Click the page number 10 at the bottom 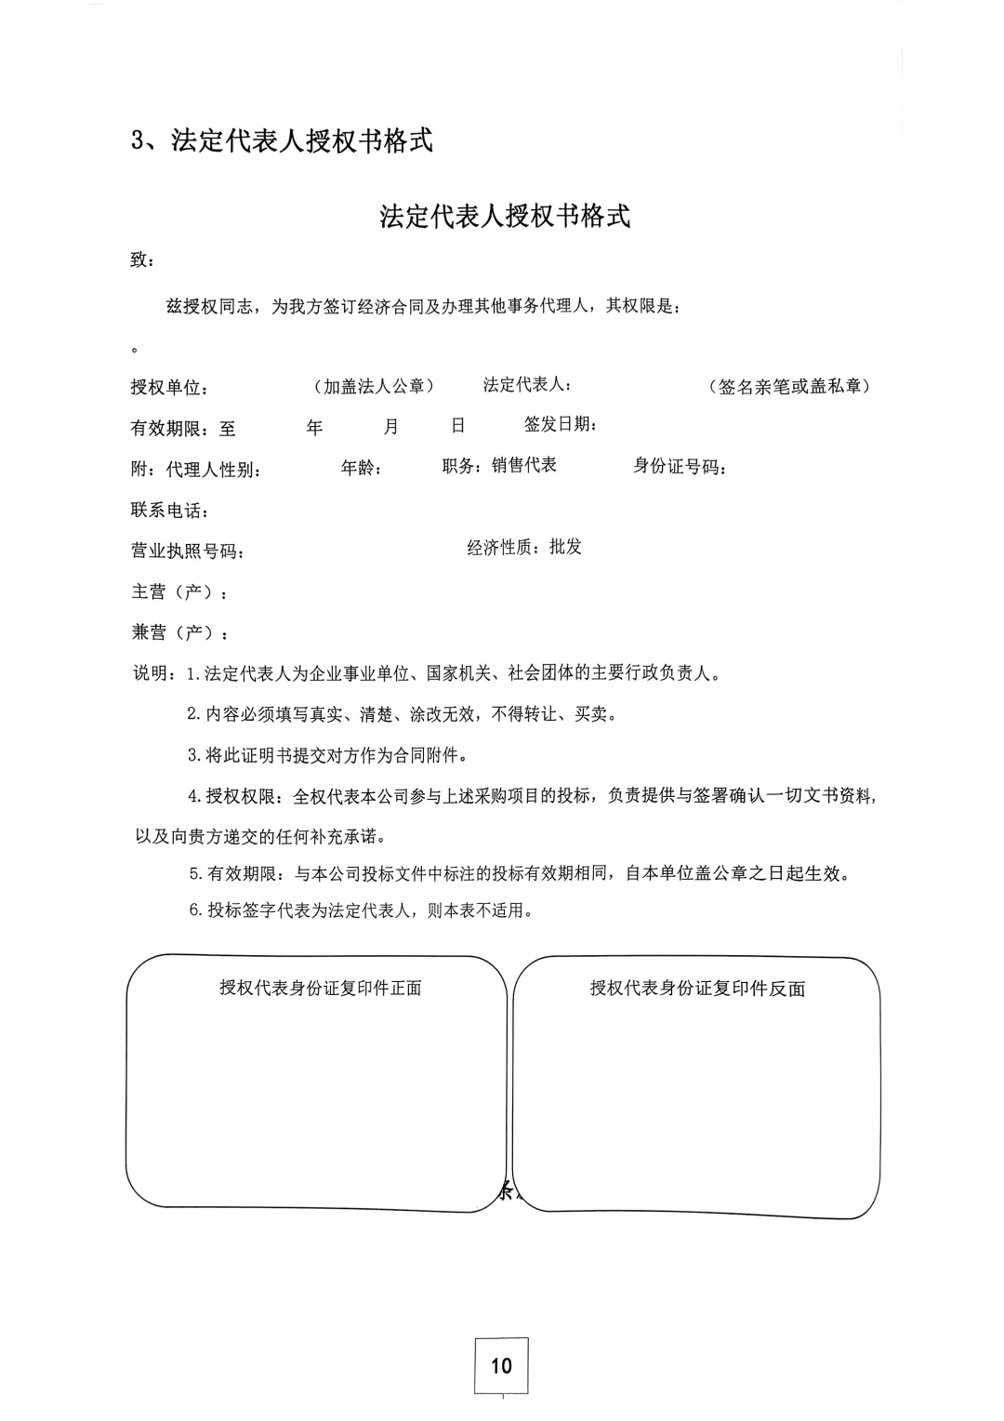(x=501, y=1365)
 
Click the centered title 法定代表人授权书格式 (x=505, y=216)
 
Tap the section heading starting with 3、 (x=282, y=140)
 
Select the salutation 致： (x=142, y=260)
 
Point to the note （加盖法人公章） (x=374, y=386)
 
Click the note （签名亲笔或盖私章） (x=789, y=387)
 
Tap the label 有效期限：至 (x=183, y=429)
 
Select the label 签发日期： (x=560, y=425)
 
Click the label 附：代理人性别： (x=195, y=470)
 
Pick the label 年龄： (x=362, y=468)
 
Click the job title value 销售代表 (x=524, y=465)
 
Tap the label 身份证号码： (x=680, y=467)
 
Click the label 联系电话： (x=170, y=511)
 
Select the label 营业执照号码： (x=188, y=551)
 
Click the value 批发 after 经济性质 (x=565, y=547)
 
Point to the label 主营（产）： (x=179, y=592)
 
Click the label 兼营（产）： (x=179, y=633)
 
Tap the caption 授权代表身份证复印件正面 (x=321, y=988)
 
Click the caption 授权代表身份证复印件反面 (x=697, y=989)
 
